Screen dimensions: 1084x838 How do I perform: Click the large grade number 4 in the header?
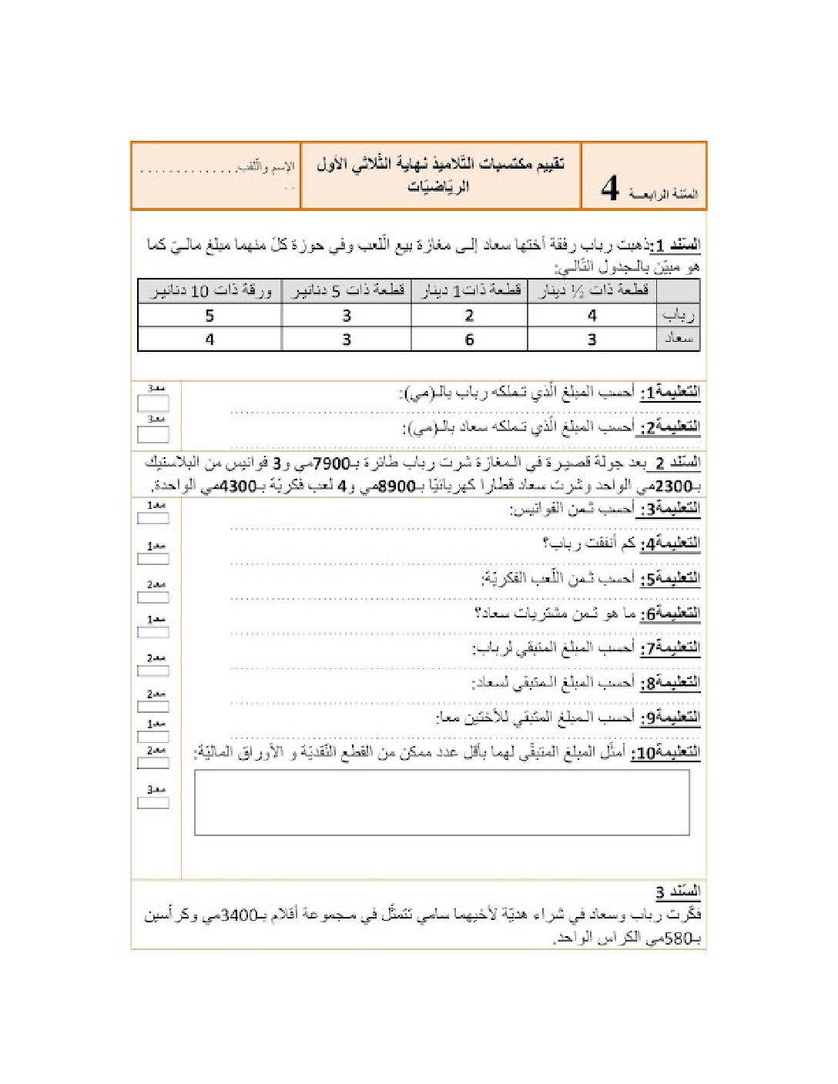(x=610, y=188)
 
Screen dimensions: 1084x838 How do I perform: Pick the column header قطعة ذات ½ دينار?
(x=594, y=291)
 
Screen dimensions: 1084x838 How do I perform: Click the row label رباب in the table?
(x=678, y=315)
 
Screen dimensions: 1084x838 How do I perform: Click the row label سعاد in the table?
(x=678, y=339)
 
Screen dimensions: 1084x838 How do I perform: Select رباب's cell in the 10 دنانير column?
(x=209, y=316)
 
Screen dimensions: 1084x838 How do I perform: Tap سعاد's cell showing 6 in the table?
(x=469, y=340)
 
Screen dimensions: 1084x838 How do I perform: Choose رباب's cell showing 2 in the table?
(x=469, y=316)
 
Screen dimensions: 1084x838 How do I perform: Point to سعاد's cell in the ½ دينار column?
(x=592, y=340)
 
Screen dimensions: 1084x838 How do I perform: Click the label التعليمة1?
(x=669, y=392)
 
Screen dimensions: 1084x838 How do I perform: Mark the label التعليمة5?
(x=669, y=578)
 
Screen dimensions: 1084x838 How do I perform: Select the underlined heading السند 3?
(x=678, y=892)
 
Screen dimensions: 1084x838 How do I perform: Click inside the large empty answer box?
(x=441, y=802)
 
